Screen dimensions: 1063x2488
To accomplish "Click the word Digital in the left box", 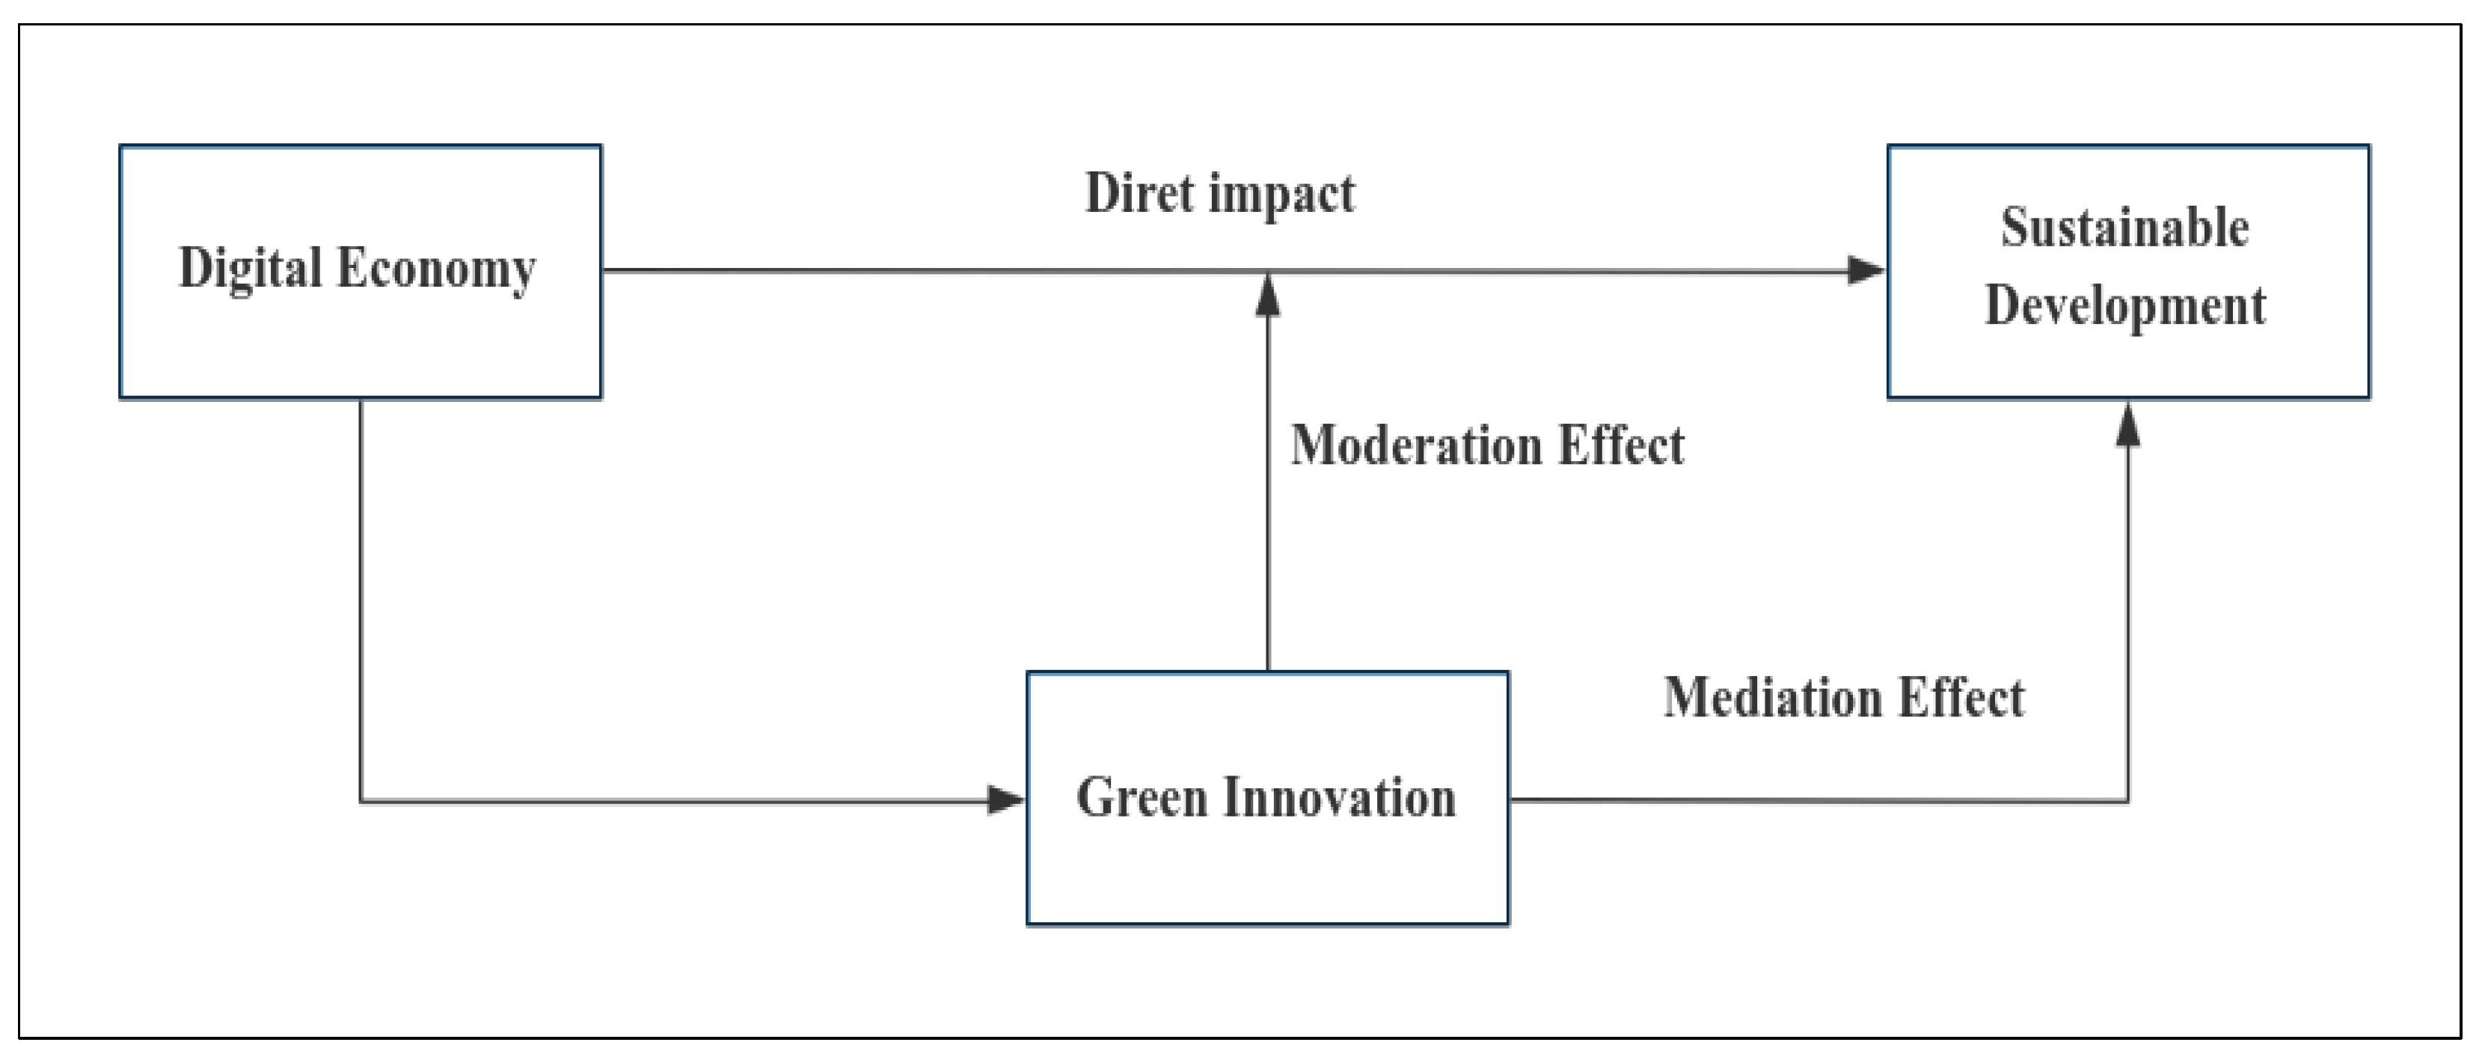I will pyautogui.click(x=250, y=269).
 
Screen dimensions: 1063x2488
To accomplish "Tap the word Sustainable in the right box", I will pyautogui.click(x=2125, y=228).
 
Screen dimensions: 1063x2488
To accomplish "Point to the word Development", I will pyautogui.click(x=2125, y=305).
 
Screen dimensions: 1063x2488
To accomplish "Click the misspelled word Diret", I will pyautogui.click(x=1140, y=192).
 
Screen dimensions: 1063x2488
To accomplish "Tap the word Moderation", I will pyautogui.click(x=1416, y=445).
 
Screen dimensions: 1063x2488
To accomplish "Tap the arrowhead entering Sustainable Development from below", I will pyautogui.click(x=2127, y=425).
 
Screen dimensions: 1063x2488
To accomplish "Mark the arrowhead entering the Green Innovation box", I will pyautogui.click(x=1005, y=800).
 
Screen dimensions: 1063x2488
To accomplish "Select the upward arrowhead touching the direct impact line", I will pyautogui.click(x=1267, y=296).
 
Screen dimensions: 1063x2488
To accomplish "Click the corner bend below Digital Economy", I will pyautogui.click(x=361, y=800).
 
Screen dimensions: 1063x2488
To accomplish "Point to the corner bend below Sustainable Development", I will pyautogui.click(x=2127, y=800).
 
